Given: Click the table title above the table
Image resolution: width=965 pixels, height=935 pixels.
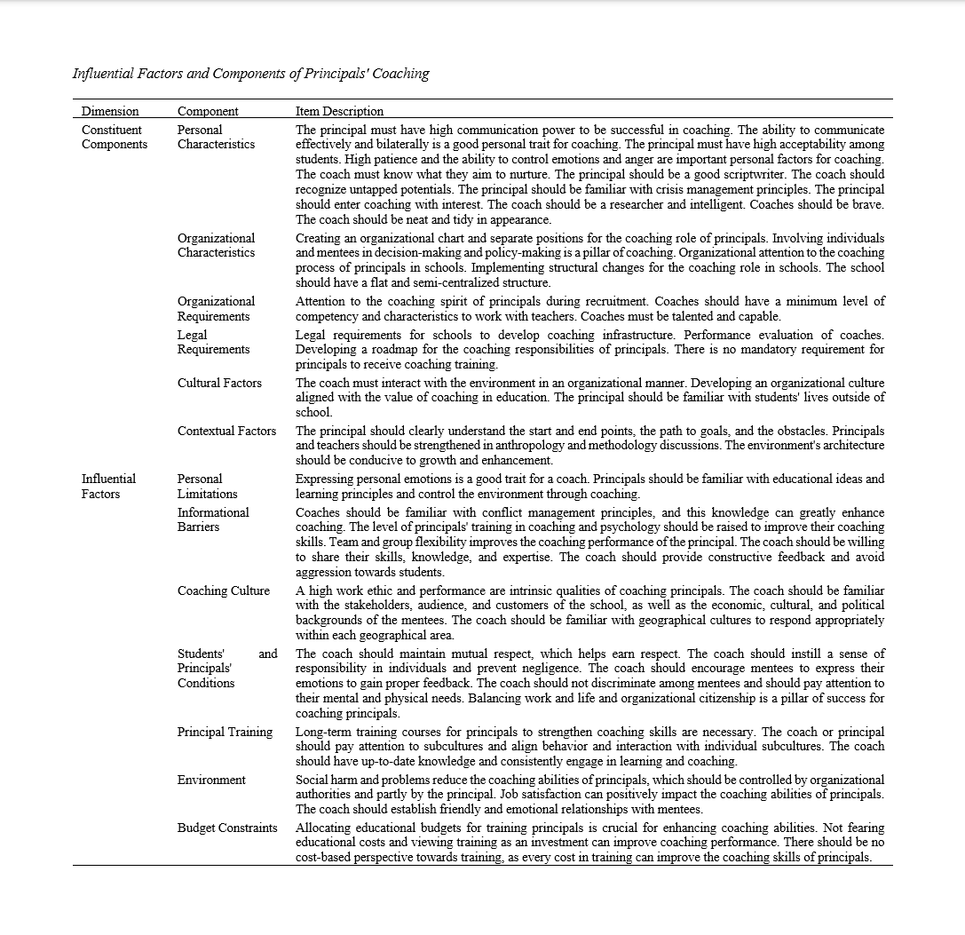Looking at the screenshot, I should coord(250,74).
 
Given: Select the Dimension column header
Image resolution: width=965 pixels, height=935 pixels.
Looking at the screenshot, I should coord(110,111).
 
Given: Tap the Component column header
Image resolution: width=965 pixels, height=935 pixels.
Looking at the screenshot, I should coord(208,111).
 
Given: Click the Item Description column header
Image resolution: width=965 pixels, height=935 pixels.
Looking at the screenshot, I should coord(339,111).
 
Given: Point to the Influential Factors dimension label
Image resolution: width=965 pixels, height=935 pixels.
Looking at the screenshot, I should coord(108,486).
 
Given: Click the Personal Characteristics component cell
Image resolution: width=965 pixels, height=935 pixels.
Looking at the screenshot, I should coord(216,137).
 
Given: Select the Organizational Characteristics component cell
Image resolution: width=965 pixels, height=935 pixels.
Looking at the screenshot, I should coord(216,245).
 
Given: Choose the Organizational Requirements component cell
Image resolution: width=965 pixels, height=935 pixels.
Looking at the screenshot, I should coord(216,308).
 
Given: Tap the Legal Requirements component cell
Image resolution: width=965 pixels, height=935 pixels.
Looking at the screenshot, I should coord(213,342).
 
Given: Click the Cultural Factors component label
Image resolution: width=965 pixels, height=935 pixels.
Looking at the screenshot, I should coord(219,383).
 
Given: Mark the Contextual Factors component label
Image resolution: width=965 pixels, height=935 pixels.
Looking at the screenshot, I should coord(226,431).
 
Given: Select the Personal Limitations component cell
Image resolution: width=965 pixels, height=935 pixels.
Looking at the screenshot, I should coord(207,486).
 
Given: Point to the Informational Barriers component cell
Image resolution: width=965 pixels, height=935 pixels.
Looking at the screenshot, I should coord(213,519).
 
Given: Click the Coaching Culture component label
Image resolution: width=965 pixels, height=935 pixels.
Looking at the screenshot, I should coord(223,590).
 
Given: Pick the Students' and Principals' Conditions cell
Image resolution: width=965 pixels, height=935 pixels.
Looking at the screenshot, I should coord(226,668).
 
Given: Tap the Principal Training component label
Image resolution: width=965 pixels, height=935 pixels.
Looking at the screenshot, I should coord(225,732).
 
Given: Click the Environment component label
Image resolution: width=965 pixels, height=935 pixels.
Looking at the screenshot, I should coord(211,780).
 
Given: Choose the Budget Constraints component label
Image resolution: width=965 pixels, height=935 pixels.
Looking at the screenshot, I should coord(227,828).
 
